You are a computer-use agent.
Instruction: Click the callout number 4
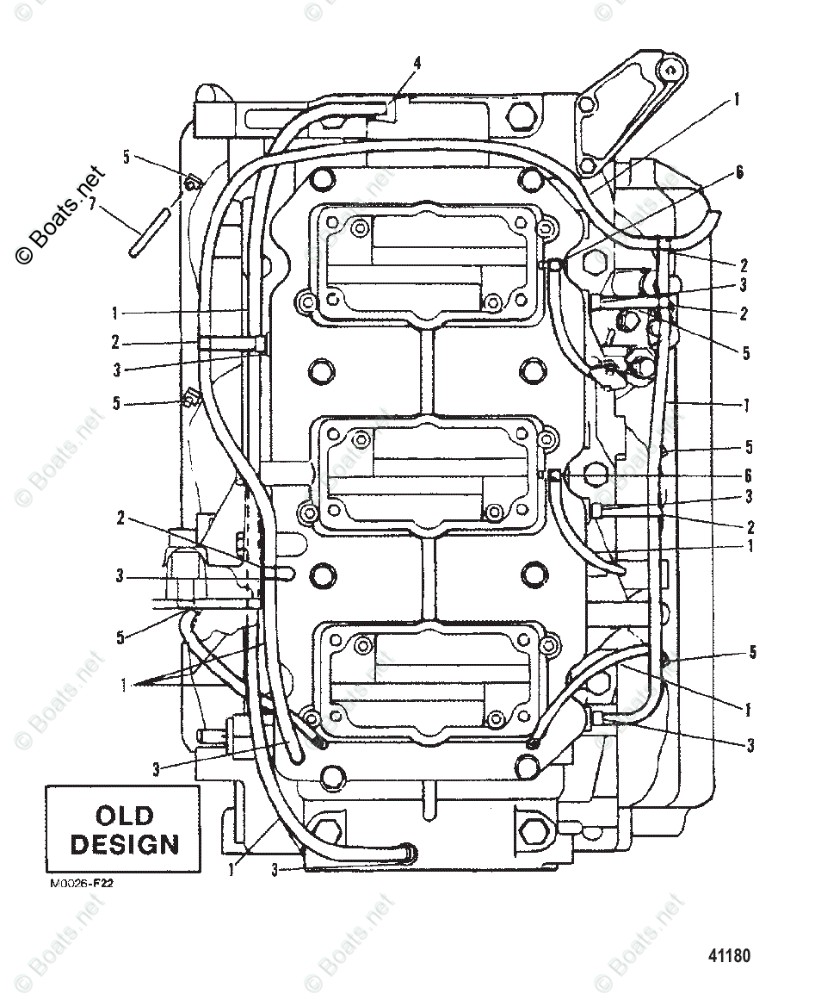(x=417, y=63)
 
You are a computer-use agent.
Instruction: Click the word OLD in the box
(x=124, y=815)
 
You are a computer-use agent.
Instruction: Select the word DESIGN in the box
(x=124, y=844)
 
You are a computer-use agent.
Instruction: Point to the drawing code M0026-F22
(x=75, y=883)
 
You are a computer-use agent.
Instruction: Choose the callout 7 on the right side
(x=748, y=405)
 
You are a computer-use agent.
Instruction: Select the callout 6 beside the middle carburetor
(x=748, y=475)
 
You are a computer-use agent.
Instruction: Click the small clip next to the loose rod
(x=192, y=182)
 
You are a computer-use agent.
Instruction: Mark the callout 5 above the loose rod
(x=127, y=157)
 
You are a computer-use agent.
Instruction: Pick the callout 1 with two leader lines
(x=126, y=685)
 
